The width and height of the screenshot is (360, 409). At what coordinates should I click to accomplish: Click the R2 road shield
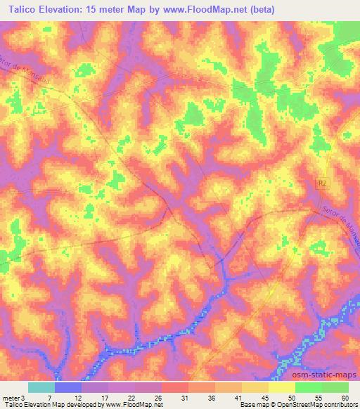coord(323,183)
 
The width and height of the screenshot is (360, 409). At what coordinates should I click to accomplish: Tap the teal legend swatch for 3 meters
coord(41,387)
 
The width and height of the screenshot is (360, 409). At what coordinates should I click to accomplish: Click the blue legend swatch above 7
coord(68,387)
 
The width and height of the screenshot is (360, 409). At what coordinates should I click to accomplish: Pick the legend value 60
coord(344,397)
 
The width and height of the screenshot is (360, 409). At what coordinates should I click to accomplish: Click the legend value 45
coord(265,397)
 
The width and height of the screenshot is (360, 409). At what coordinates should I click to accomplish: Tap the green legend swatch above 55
coord(309,387)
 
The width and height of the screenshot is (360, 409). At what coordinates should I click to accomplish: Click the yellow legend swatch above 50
coord(282,387)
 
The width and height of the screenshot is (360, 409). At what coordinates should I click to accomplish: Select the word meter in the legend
coord(11,397)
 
